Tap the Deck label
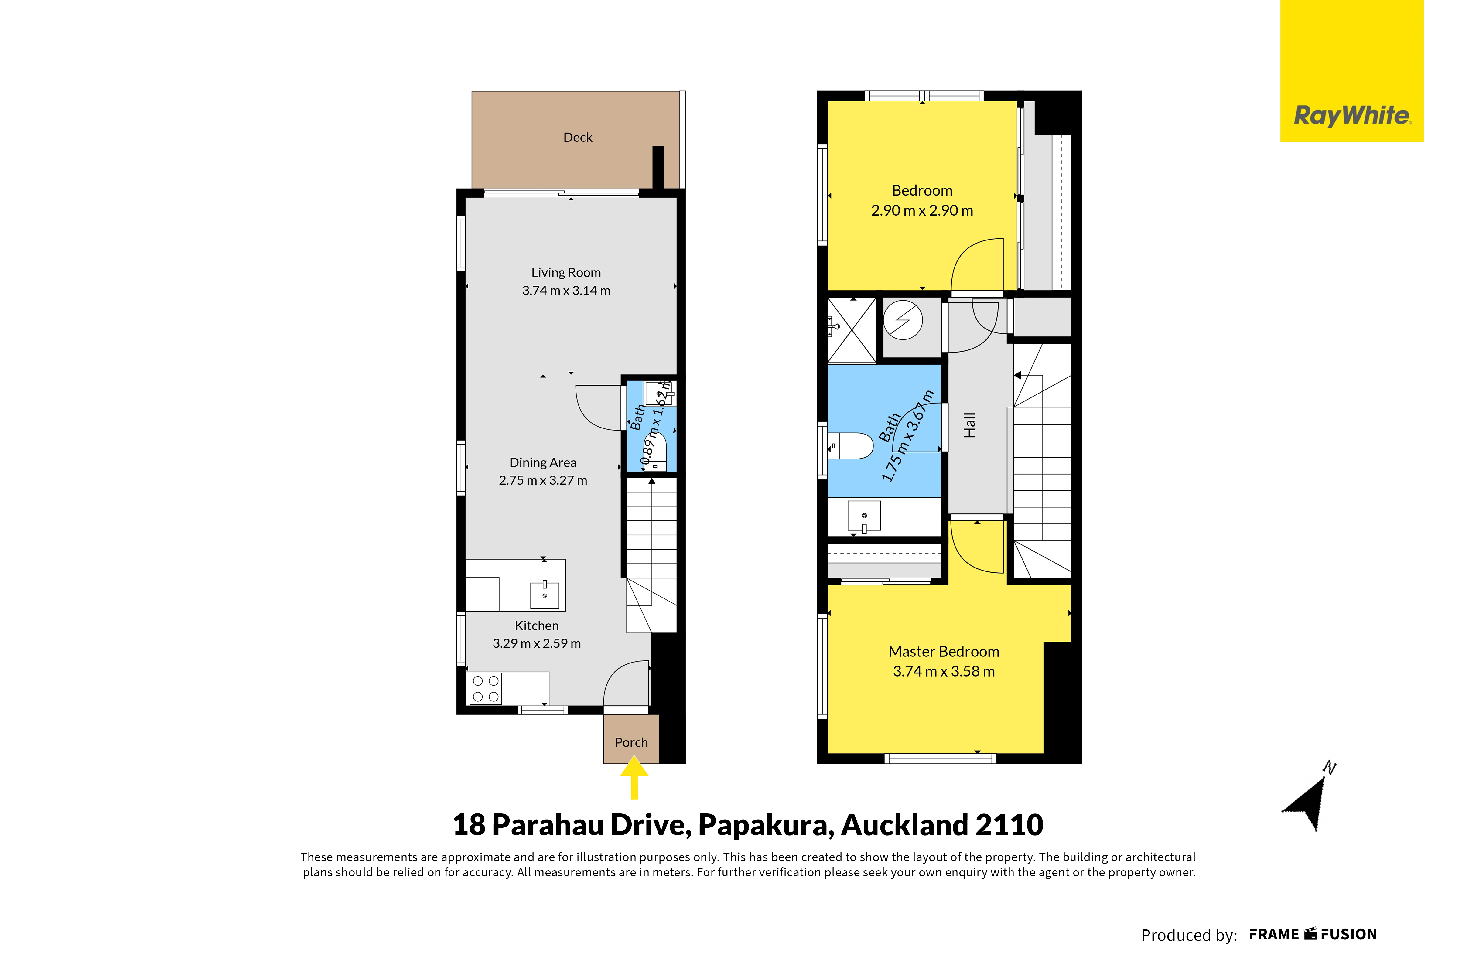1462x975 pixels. click(578, 138)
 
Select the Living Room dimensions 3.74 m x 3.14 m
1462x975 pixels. click(566, 290)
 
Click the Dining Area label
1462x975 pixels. click(543, 463)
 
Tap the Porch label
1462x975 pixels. click(631, 742)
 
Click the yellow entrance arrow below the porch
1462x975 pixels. click(634, 777)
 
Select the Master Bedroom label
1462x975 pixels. click(944, 652)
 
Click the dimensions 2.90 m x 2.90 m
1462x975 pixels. click(922, 211)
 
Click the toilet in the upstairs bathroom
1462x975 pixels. click(851, 446)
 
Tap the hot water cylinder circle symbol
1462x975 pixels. click(903, 320)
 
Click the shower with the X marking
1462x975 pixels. click(851, 330)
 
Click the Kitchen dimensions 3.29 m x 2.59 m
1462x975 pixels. click(537, 644)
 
